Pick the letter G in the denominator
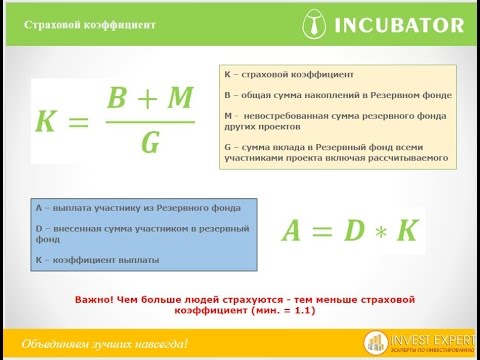(x=150, y=144)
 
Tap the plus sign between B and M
(x=149, y=100)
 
